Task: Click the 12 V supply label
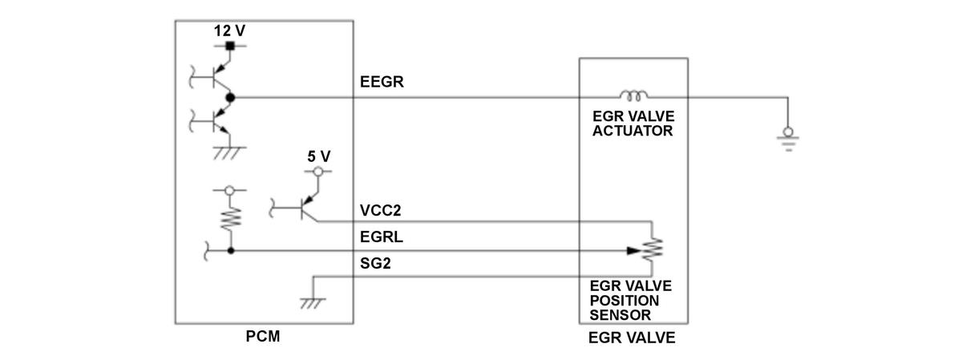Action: (229, 30)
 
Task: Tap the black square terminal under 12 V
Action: (230, 46)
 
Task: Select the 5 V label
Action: (319, 156)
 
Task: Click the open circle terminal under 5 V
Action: (317, 172)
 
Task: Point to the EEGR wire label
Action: (382, 82)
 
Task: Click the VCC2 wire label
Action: (381, 211)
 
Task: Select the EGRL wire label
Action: (382, 237)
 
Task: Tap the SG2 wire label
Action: (375, 263)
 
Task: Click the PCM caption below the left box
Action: (263, 336)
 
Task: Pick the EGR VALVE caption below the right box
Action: (632, 338)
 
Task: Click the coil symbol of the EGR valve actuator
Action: (633, 95)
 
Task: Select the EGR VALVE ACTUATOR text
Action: (633, 123)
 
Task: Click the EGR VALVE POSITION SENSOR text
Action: (630, 301)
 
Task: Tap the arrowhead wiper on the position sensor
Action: (634, 250)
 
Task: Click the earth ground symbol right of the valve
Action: (788, 139)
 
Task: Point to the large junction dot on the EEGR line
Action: (230, 98)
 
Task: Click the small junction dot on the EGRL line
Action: (231, 250)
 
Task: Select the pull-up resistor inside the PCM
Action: (231, 218)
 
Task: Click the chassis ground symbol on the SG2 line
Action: (313, 303)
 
